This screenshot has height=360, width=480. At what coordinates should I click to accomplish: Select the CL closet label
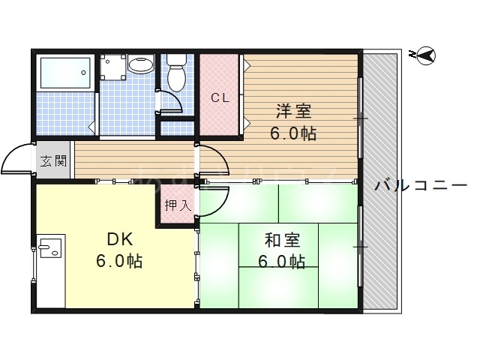[x=219, y=97]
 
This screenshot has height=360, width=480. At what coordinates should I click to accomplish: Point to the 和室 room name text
[x=283, y=241]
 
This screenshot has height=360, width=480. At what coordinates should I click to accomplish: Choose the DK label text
[x=119, y=240]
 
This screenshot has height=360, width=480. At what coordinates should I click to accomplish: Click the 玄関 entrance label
[x=52, y=160]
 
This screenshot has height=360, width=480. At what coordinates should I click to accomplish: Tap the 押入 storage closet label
[x=177, y=204]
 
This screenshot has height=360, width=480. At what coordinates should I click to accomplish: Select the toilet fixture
[x=177, y=74]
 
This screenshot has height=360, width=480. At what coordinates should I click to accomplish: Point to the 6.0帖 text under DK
[x=119, y=262]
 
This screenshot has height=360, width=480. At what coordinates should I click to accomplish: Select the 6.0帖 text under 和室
[x=283, y=262]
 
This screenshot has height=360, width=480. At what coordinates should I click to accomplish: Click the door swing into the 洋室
[x=211, y=159]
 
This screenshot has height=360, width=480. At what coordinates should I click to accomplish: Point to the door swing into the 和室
[x=213, y=199]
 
